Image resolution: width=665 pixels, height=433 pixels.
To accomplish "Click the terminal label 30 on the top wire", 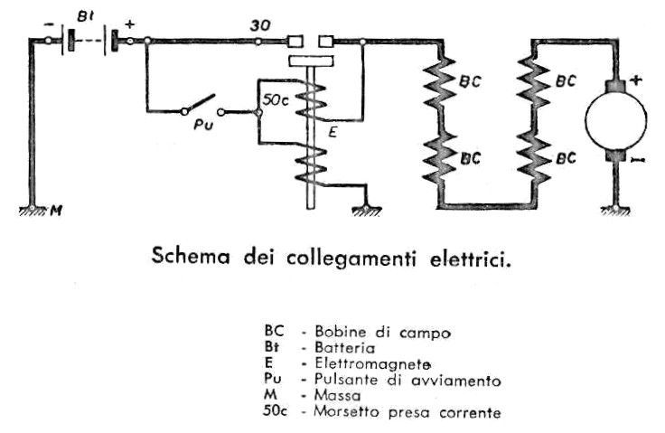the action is pos(259,25).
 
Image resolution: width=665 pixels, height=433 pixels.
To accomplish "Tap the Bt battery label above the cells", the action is pos(86,17).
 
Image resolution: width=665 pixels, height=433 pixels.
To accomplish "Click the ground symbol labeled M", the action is pos(33,210).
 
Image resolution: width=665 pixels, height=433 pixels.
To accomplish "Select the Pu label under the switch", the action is pos(203,125).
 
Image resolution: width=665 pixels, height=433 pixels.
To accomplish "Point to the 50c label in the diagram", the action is pos(276,100).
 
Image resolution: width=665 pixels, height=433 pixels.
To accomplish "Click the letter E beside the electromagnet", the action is pos(332,133).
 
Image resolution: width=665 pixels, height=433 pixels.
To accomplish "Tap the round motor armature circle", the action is pos(616,119).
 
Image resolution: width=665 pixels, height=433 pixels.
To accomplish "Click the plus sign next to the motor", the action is pos(635,80).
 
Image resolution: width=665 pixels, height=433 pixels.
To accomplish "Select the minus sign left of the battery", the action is pos(49,24).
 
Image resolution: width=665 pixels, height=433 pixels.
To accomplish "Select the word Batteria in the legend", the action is pos(344,348).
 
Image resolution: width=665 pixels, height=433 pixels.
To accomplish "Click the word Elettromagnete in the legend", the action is pos(372,363).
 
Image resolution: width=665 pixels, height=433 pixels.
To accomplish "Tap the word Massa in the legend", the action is pos(337,396).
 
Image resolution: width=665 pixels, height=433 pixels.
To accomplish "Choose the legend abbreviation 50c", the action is pos(275,411).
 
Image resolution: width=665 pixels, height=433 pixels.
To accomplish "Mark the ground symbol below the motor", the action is pos(614,210).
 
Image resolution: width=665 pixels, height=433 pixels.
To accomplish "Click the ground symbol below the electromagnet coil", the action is pos(367,210).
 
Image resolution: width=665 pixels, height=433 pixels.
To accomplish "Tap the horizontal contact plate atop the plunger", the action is pos(311,61).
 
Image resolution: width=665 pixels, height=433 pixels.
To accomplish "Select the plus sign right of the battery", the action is pos(129,24).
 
